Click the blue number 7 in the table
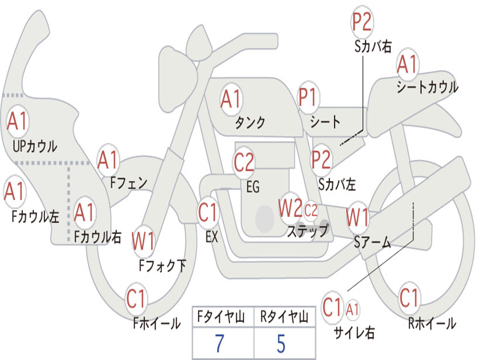[219, 343]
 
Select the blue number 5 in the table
[281, 343]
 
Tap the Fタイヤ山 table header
[221, 316]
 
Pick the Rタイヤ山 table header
[284, 316]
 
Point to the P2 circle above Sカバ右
[362, 22]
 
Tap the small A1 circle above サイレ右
[352, 309]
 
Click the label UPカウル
[35, 146]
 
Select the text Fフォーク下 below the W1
[163, 265]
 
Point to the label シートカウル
[427, 87]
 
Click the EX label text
[212, 237]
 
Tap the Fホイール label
[157, 323]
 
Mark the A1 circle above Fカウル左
[15, 191]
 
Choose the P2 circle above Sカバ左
[321, 159]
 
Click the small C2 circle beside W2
[311, 210]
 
